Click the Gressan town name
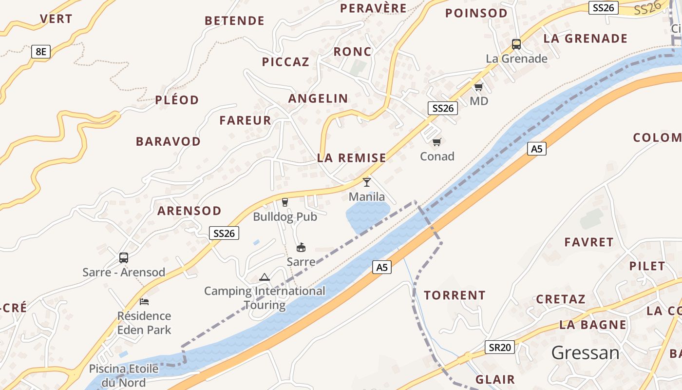tap(586, 352)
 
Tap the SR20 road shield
tap(500, 347)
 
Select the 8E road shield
tap(41, 51)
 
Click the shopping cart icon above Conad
tap(436, 142)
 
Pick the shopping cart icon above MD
tap(478, 87)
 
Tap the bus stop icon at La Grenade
tap(516, 44)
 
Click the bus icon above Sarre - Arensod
tap(124, 257)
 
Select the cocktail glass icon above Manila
tap(367, 182)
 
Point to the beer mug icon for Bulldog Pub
tap(285, 202)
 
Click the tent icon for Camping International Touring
tap(265, 277)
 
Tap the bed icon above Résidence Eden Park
tap(144, 302)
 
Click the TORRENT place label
tap(455, 295)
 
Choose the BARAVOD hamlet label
tap(168, 141)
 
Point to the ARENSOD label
tap(189, 211)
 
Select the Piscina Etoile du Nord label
tap(124, 375)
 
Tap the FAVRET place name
tap(588, 242)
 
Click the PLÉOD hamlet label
tap(177, 100)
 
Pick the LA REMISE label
tap(351, 157)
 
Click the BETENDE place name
tap(234, 20)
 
